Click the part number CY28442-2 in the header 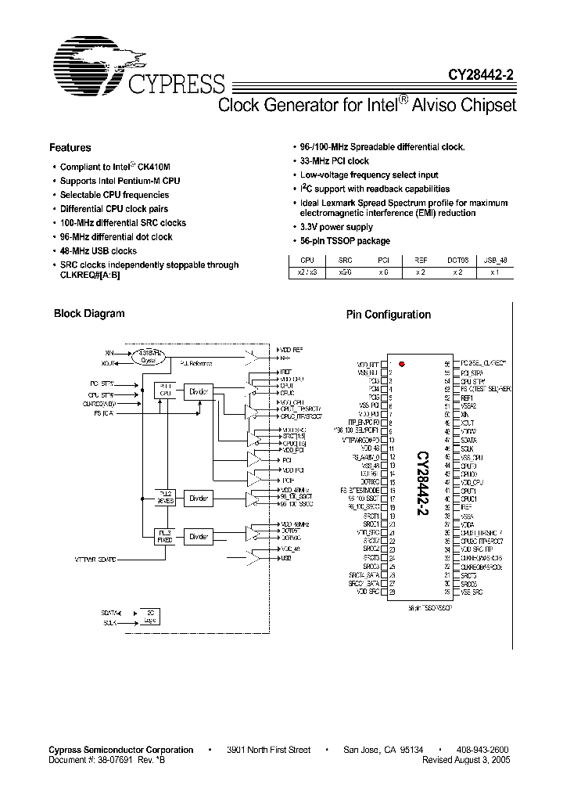[x=481, y=75]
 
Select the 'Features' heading [x=70, y=148]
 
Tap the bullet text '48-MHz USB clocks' [x=99, y=251]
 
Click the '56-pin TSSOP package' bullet [x=345, y=241]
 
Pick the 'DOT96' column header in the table [x=457, y=259]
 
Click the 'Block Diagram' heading [x=89, y=314]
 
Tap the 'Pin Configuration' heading [x=389, y=315]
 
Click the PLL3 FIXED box [x=165, y=536]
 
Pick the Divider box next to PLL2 [x=199, y=497]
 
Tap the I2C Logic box [x=149, y=616]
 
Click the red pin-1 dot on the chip [x=401, y=364]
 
